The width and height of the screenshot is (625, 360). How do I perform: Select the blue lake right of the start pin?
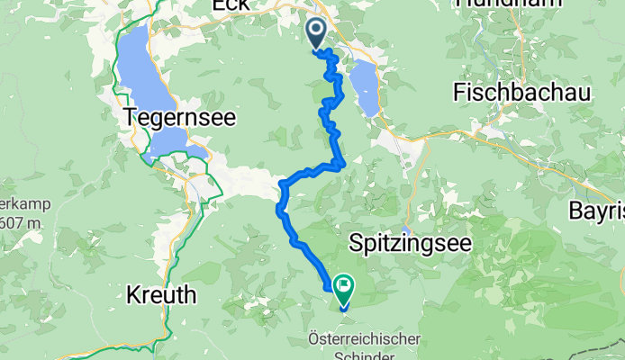(x=367, y=87)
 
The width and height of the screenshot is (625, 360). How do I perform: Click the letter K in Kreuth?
(x=132, y=294)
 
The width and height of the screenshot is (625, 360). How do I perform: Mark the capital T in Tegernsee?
(x=129, y=116)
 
